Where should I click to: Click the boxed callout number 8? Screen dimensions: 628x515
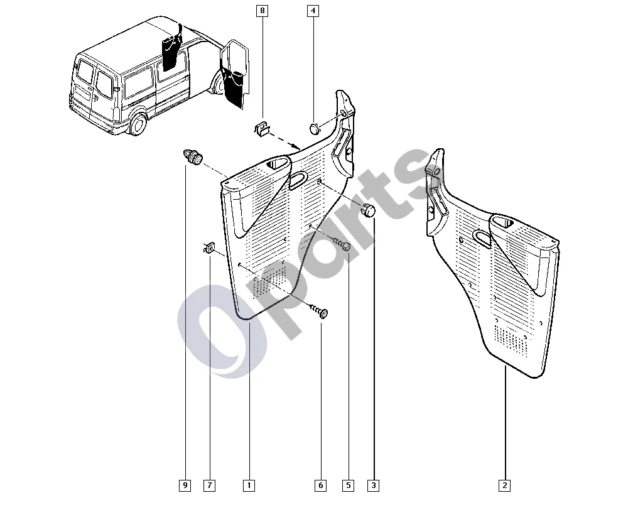pos(263,11)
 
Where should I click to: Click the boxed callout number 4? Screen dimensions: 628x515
pos(313,11)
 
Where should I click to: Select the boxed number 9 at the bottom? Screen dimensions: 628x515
pos(185,485)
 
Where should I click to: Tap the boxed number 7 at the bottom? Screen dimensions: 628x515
pos(210,485)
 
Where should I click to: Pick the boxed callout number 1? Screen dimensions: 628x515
pos(249,485)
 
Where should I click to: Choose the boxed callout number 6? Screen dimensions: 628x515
pos(320,485)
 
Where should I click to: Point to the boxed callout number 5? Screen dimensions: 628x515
pos(348,485)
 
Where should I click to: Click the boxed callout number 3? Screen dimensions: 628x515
pos(373,485)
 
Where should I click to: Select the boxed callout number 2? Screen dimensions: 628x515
pos(505,485)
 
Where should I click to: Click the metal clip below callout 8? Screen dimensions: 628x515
pos(262,128)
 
